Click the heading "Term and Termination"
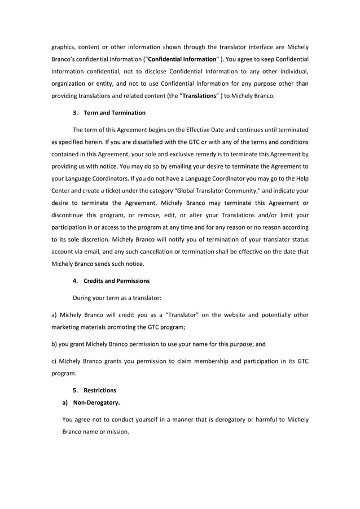[x=115, y=113]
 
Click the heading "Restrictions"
[x=100, y=390]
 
